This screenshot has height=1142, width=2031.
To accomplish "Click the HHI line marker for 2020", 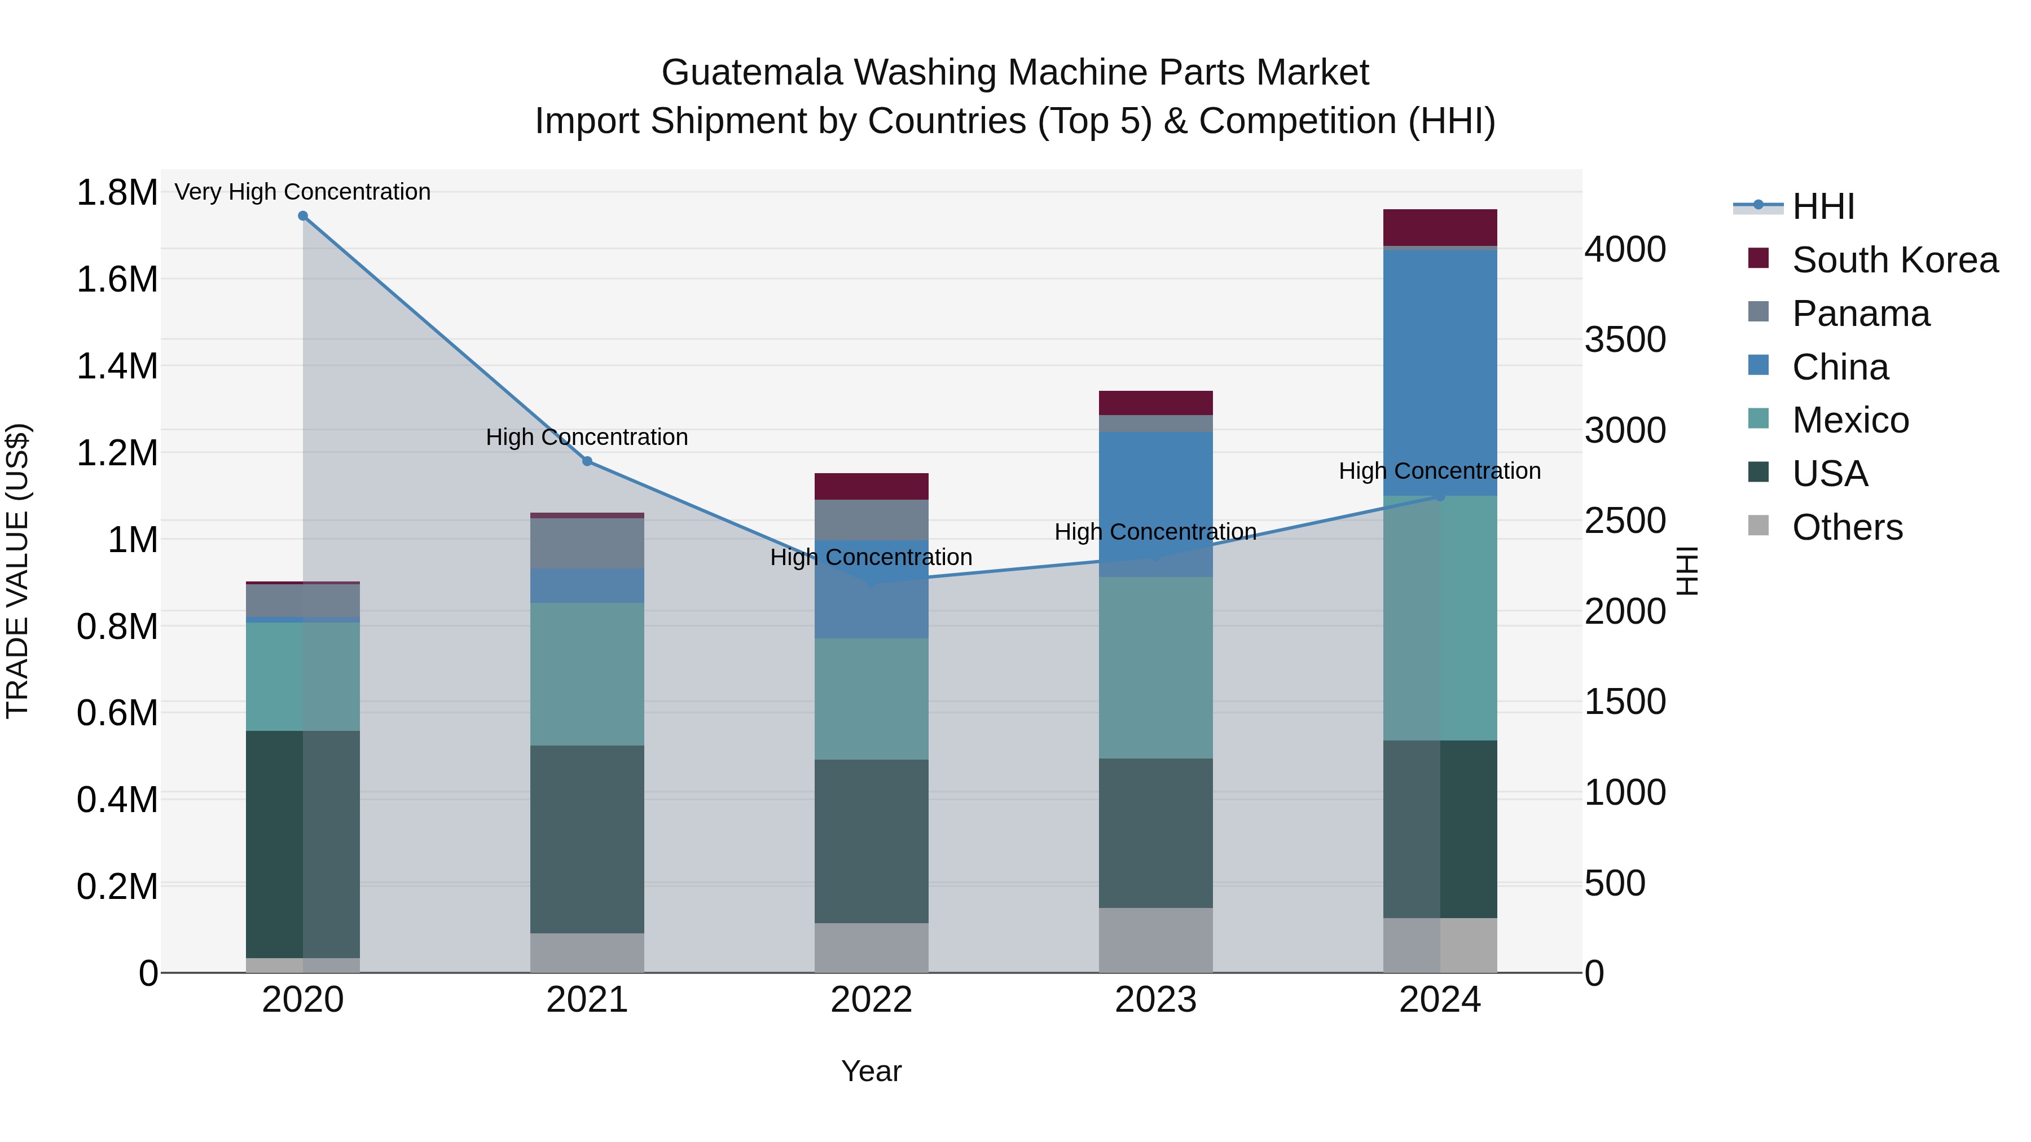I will pyautogui.click(x=303, y=216).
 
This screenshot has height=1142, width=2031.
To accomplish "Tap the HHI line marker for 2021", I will pyautogui.click(x=587, y=461).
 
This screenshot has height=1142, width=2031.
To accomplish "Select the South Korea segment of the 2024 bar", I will pyautogui.click(x=1440, y=228).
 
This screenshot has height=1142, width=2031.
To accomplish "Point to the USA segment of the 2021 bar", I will pyautogui.click(x=587, y=839).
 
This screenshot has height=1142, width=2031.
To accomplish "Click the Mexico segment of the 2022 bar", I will pyautogui.click(x=871, y=699).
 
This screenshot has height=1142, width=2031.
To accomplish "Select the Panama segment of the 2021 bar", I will pyautogui.click(x=587, y=544).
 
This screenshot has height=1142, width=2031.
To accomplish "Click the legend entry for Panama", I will pyautogui.click(x=1861, y=314).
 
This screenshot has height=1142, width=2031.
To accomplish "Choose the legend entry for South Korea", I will pyautogui.click(x=1894, y=260).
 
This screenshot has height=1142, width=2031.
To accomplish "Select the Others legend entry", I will pyautogui.click(x=1847, y=527).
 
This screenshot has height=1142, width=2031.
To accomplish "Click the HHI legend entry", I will pyautogui.click(x=1823, y=206).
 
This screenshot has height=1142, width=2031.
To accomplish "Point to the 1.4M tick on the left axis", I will pyautogui.click(x=117, y=367).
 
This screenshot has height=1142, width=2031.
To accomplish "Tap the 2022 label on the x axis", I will pyautogui.click(x=871, y=1000).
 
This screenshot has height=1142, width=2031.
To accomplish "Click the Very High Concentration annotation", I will pyautogui.click(x=303, y=192).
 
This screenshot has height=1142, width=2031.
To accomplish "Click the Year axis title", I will pyautogui.click(x=871, y=1071).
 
